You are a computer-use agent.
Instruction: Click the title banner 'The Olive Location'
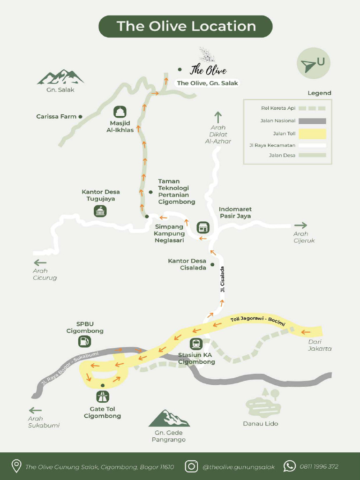186,26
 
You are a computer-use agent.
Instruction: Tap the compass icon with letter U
313,64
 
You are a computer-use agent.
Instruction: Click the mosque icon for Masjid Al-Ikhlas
120,112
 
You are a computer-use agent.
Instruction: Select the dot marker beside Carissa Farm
81,117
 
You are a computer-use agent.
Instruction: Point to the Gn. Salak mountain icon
60,77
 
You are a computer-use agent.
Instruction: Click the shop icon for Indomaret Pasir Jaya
202,227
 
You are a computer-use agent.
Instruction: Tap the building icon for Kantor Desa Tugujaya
100,211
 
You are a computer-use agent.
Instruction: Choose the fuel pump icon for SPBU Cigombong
84,342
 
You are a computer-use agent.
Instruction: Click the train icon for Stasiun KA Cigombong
196,344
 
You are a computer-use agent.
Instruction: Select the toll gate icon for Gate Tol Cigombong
102,397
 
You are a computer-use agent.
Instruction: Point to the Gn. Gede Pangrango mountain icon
169,419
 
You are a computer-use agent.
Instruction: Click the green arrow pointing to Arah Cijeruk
300,225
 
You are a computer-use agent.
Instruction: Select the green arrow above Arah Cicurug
40,262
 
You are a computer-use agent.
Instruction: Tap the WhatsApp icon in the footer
290,466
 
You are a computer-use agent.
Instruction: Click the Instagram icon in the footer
191,466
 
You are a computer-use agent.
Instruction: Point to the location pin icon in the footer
16,466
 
